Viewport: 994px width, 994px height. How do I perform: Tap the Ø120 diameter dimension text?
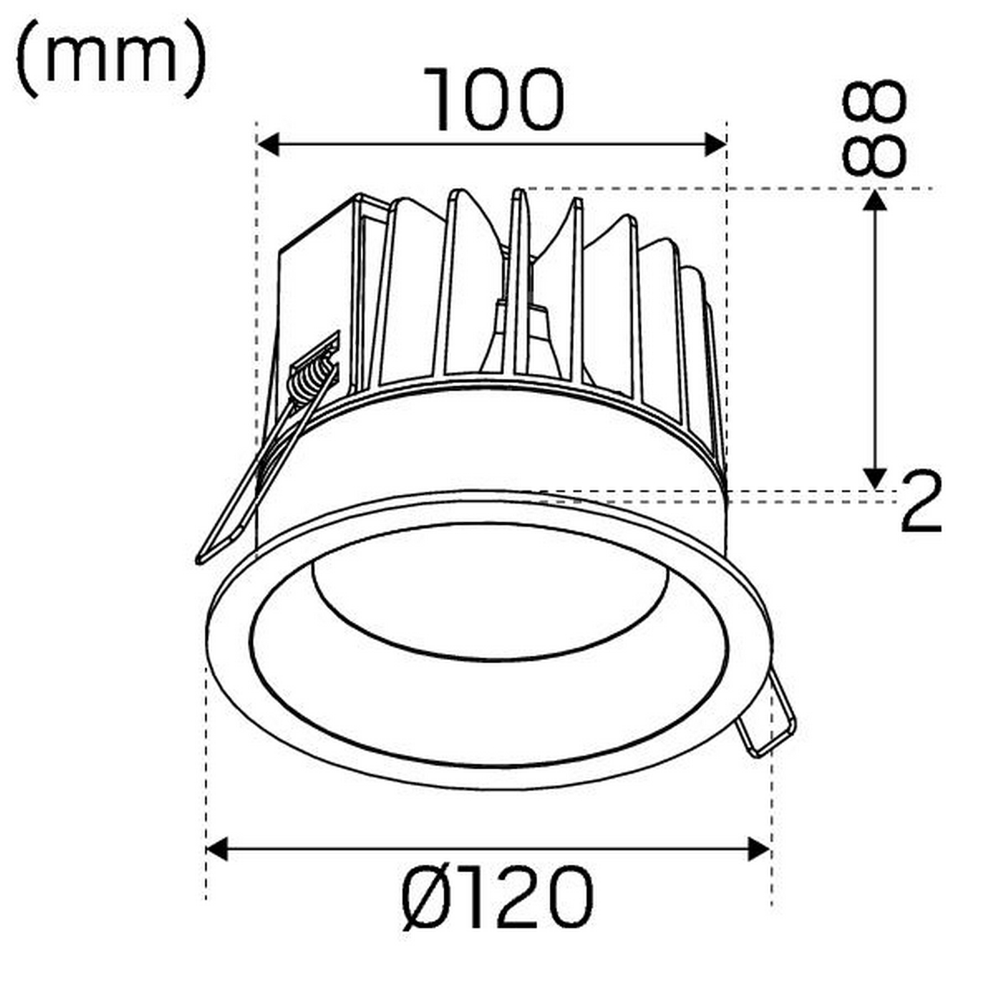[x=498, y=898]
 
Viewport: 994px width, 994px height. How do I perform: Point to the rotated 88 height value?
[x=873, y=128]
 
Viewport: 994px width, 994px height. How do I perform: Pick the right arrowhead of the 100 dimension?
[x=715, y=144]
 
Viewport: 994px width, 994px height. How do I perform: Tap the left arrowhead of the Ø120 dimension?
[x=217, y=849]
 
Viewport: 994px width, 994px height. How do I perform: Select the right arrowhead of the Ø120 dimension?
[x=759, y=849]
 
